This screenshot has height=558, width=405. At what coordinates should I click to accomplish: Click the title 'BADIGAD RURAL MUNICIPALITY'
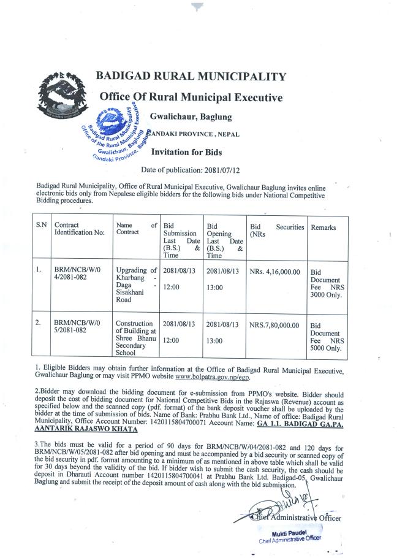tap(191, 77)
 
